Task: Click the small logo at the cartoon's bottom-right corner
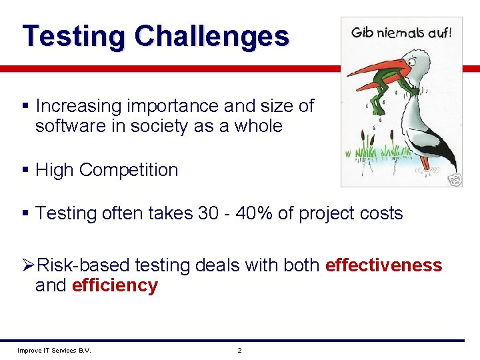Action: (455, 179)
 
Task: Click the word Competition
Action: (129, 170)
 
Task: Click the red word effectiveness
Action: (383, 265)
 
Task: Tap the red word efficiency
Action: (114, 286)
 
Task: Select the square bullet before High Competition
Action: (25, 171)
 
